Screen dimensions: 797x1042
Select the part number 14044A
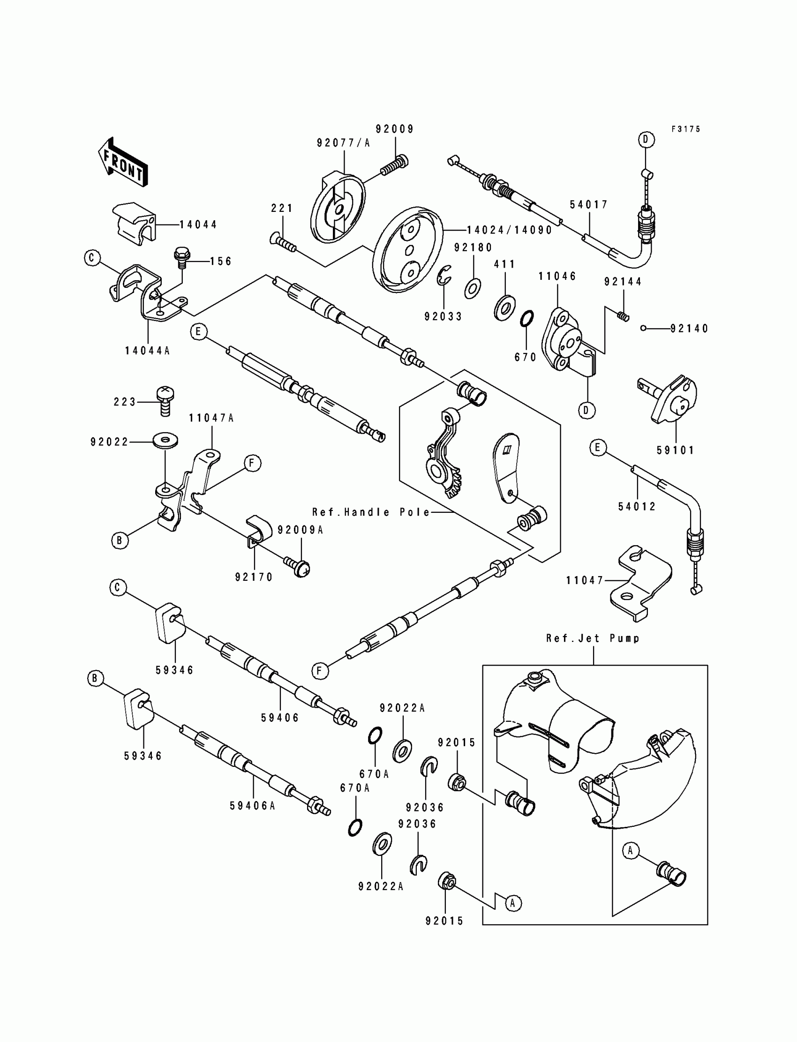[x=147, y=351]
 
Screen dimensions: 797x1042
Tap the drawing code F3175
[x=685, y=129]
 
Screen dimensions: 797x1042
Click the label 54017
[x=589, y=204]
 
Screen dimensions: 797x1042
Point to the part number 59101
[x=676, y=450]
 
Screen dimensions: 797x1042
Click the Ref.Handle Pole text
[x=371, y=512]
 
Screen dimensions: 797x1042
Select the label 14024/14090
[x=510, y=230]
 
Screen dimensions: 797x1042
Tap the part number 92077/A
[x=344, y=143]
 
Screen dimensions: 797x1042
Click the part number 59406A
[x=252, y=806]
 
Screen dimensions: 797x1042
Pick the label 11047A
[x=211, y=418]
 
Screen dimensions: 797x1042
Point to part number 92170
[x=254, y=577]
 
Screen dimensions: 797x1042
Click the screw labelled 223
[x=165, y=401]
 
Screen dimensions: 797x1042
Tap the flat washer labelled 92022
[x=165, y=440]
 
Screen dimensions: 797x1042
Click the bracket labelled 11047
[x=640, y=583]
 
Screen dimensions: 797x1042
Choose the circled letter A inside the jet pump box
[x=630, y=851]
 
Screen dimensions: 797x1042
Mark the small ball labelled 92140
[x=643, y=328]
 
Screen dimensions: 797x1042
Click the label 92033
[x=443, y=316]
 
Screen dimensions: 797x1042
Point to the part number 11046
[x=557, y=276]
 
